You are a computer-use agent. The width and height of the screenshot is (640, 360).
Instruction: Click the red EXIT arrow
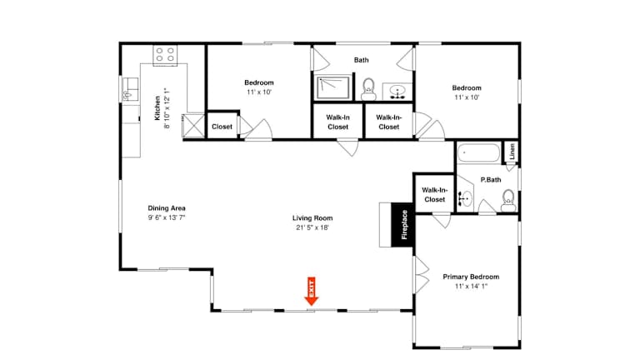[312, 292]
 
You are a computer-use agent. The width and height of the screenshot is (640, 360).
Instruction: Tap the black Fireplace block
[403, 225]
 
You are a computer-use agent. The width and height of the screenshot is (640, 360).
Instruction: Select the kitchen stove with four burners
[165, 55]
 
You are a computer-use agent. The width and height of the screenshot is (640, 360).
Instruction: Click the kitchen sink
[130, 89]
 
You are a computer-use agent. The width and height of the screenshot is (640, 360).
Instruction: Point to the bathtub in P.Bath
[478, 153]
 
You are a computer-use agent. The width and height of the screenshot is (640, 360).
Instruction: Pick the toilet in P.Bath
[508, 200]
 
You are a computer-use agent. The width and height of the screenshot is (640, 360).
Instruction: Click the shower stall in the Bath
[333, 87]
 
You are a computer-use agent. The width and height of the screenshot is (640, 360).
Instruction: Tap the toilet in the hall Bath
[368, 89]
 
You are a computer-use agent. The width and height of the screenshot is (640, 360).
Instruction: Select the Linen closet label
[512, 152]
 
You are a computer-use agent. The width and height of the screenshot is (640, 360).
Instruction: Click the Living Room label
[312, 218]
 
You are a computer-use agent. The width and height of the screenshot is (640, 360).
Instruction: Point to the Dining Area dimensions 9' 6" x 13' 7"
[167, 217]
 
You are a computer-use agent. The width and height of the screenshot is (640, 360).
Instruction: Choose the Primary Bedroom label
[471, 277]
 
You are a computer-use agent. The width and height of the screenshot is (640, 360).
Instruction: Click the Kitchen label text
[157, 108]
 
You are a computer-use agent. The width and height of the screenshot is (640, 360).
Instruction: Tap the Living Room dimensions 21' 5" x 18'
[312, 227]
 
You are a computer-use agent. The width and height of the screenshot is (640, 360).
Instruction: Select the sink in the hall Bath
[397, 92]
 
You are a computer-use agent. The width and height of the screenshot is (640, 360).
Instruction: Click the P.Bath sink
[464, 199]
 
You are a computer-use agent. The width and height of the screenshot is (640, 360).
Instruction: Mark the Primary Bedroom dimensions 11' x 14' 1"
[471, 287]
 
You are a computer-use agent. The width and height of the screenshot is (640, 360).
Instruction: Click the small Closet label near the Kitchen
[222, 127]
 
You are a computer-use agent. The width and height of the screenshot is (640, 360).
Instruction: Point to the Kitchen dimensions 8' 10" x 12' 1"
[167, 108]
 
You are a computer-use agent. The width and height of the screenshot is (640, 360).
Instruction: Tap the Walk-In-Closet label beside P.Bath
[434, 195]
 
